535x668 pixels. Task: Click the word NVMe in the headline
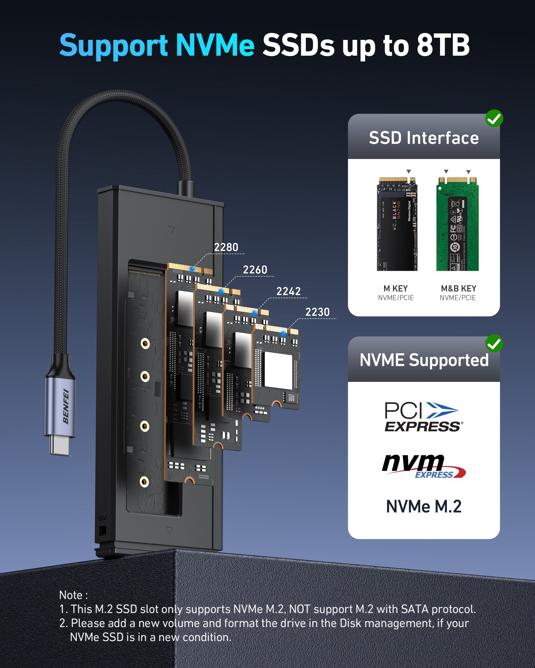click(x=215, y=46)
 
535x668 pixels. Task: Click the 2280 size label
click(x=226, y=247)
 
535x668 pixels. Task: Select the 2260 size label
click(x=255, y=270)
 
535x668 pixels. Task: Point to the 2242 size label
click(x=288, y=291)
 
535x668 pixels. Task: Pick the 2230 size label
click(x=317, y=312)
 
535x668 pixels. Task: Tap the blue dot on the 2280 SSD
click(x=192, y=269)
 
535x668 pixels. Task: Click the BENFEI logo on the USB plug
click(x=66, y=406)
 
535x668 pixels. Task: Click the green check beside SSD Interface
click(x=494, y=118)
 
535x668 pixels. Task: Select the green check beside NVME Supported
click(x=494, y=344)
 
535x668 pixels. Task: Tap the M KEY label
click(x=395, y=288)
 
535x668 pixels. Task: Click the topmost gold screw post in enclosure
click(x=145, y=343)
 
